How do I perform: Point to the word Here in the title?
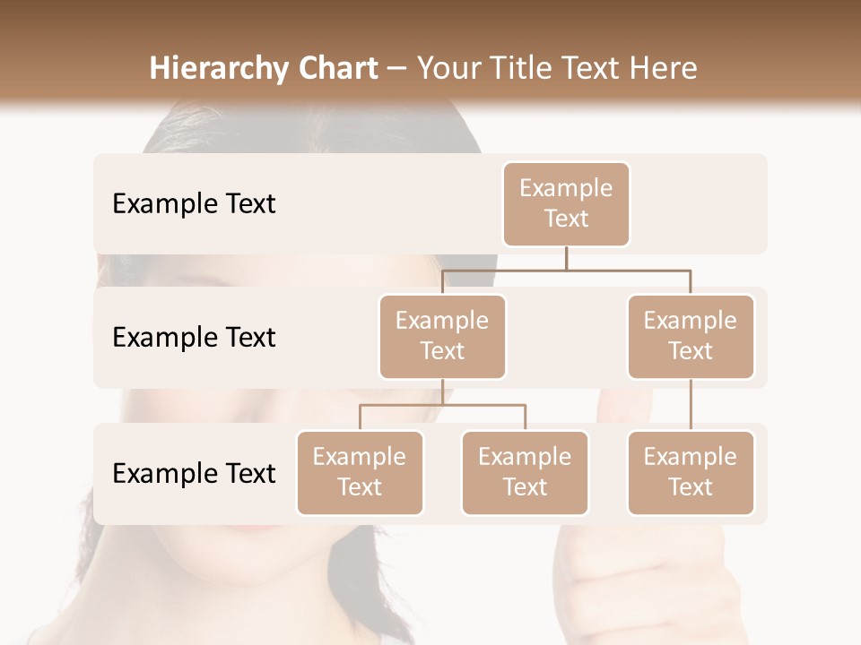tap(664, 68)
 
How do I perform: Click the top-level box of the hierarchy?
tap(566, 204)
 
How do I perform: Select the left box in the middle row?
tap(442, 337)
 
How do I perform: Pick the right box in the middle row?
tap(691, 337)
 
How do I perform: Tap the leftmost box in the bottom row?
tap(360, 473)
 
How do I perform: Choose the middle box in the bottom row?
tap(525, 473)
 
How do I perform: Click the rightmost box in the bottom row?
tap(691, 473)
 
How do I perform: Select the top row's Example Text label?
tap(194, 204)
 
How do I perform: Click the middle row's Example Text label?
tap(194, 338)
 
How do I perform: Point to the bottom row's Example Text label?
tap(194, 474)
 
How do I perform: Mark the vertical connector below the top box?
tap(566, 257)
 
